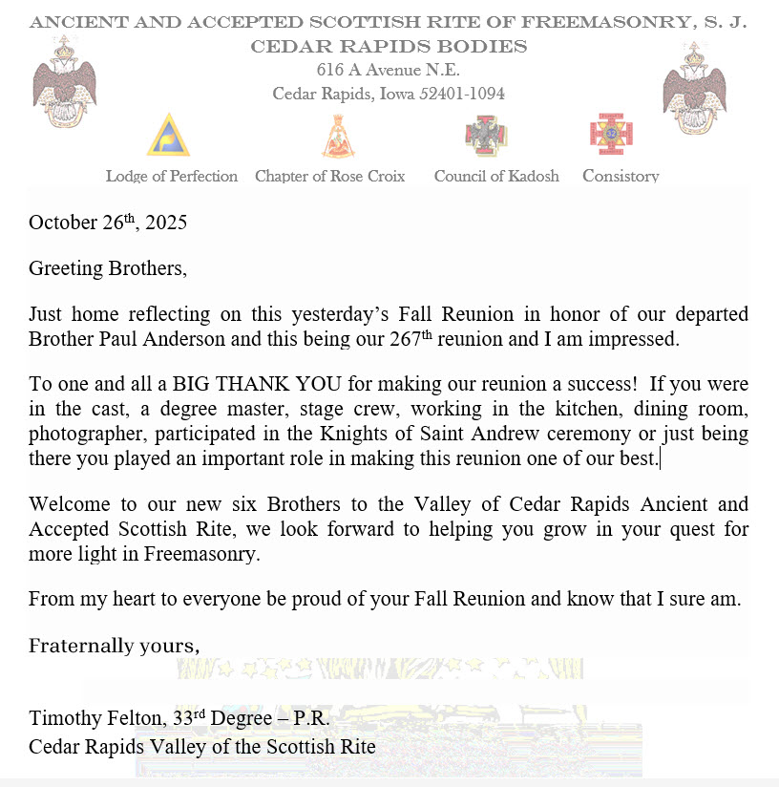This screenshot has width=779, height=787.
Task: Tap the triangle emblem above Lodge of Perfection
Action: pos(168,135)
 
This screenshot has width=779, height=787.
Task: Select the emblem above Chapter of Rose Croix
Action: pos(336,137)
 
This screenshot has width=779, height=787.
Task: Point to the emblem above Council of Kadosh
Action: pos(487,137)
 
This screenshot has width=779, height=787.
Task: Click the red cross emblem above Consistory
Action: pos(612,134)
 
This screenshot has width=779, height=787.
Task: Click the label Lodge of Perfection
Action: pos(172,176)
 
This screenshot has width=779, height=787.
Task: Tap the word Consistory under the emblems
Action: pos(621,176)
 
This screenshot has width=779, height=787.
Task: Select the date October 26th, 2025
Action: pos(108,223)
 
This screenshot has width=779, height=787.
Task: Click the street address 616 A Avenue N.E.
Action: pos(389,70)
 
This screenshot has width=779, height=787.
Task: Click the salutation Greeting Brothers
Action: pos(107,268)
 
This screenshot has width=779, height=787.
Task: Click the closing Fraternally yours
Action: pos(114,646)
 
